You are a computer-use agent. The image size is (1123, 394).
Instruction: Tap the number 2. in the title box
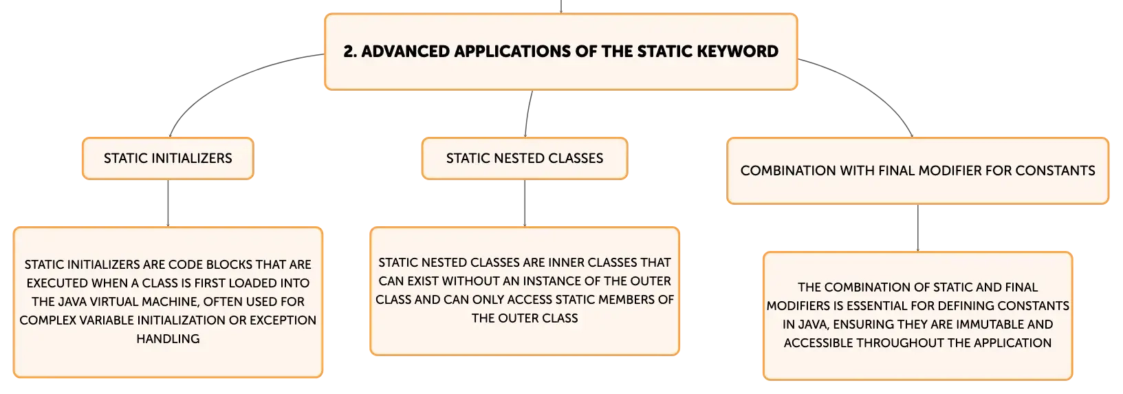(x=350, y=51)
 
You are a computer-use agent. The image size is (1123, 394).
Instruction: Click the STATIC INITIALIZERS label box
(x=168, y=158)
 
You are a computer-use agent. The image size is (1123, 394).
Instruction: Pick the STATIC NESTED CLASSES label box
(x=525, y=158)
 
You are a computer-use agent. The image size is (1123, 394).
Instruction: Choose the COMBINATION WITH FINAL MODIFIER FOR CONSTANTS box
(x=917, y=171)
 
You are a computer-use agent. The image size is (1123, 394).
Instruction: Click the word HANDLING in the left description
(x=168, y=339)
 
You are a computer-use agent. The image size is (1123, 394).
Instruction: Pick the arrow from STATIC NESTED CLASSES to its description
(x=525, y=203)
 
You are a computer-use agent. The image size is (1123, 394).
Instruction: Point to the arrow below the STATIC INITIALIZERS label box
(x=168, y=203)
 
